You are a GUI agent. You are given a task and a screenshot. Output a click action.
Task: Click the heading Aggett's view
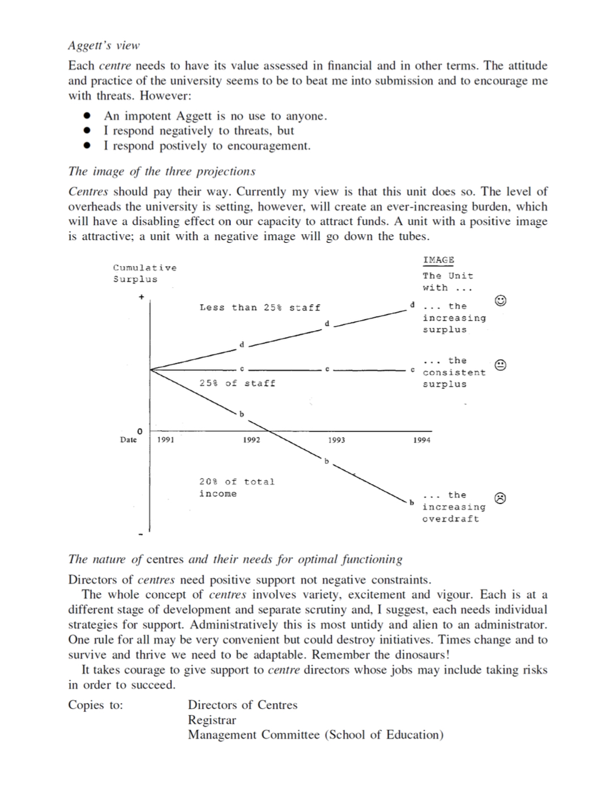[104, 45]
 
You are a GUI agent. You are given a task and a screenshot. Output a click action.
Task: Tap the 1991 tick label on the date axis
[166, 440]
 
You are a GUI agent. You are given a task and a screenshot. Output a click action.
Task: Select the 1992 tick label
[251, 440]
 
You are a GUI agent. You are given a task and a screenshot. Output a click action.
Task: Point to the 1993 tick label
[336, 440]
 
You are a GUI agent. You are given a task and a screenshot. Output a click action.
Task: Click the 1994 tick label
[421, 440]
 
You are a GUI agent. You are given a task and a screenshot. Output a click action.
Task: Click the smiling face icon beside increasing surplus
[500, 300]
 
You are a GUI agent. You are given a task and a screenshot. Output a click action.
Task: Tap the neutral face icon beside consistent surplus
[500, 365]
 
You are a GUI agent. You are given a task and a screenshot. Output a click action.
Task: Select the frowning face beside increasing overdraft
[500, 498]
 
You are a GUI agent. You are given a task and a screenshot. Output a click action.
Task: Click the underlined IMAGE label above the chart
[439, 260]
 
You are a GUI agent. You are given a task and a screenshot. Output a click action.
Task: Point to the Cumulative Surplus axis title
[145, 273]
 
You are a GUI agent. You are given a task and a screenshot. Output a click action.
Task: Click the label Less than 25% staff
[260, 308]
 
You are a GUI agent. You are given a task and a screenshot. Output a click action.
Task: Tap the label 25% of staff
[237, 384]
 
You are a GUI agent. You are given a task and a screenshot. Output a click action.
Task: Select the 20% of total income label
[237, 487]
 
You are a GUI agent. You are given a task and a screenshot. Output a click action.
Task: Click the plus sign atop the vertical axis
[141, 296]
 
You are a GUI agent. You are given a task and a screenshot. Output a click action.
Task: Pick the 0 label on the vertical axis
[140, 431]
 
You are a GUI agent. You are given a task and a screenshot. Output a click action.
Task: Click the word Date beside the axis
[128, 440]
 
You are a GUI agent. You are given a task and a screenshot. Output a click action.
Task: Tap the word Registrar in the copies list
[212, 720]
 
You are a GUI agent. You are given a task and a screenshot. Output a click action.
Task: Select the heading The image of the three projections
[162, 171]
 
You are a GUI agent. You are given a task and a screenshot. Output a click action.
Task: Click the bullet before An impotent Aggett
[87, 116]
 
